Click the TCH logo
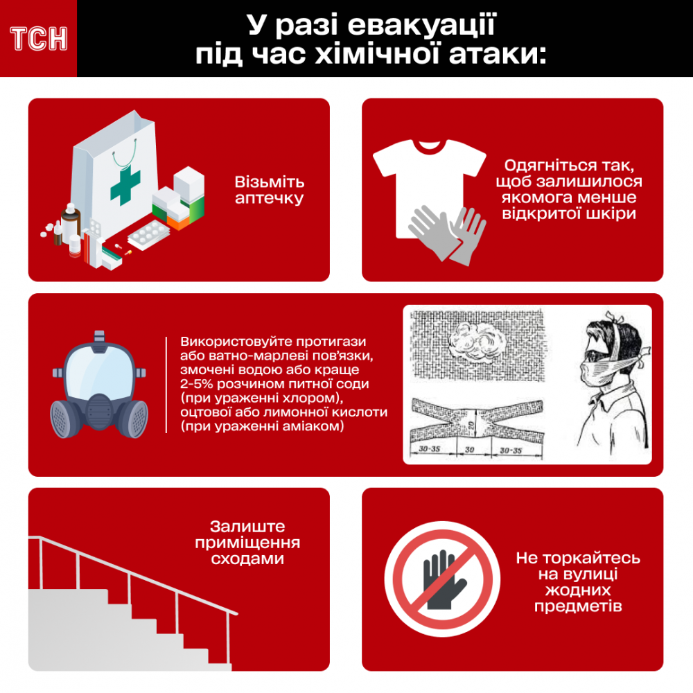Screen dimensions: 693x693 pos(39,39)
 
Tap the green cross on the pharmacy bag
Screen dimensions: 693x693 pos(125,185)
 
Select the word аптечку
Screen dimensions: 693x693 pos(269,198)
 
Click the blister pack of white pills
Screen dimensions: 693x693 pos(148,235)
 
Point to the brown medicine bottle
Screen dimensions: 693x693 pos(71,225)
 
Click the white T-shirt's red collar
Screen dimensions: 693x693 pos(430,146)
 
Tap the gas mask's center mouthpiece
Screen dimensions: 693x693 pos(99,411)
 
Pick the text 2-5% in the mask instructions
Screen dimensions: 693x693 pos(196,384)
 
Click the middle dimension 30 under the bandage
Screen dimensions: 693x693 pos(469,450)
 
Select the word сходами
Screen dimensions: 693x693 pos(247,559)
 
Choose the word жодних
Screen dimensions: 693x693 pos(578,590)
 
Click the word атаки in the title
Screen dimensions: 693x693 pos(498,55)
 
